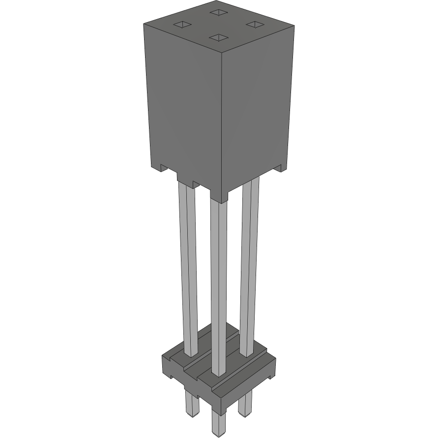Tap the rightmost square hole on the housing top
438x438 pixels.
click(254, 24)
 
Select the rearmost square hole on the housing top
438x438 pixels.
click(217, 12)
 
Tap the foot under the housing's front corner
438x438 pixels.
click(220, 196)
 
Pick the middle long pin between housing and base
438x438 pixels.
click(218, 285)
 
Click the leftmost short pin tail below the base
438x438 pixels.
click(191, 403)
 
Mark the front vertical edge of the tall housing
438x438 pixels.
click(222, 123)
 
